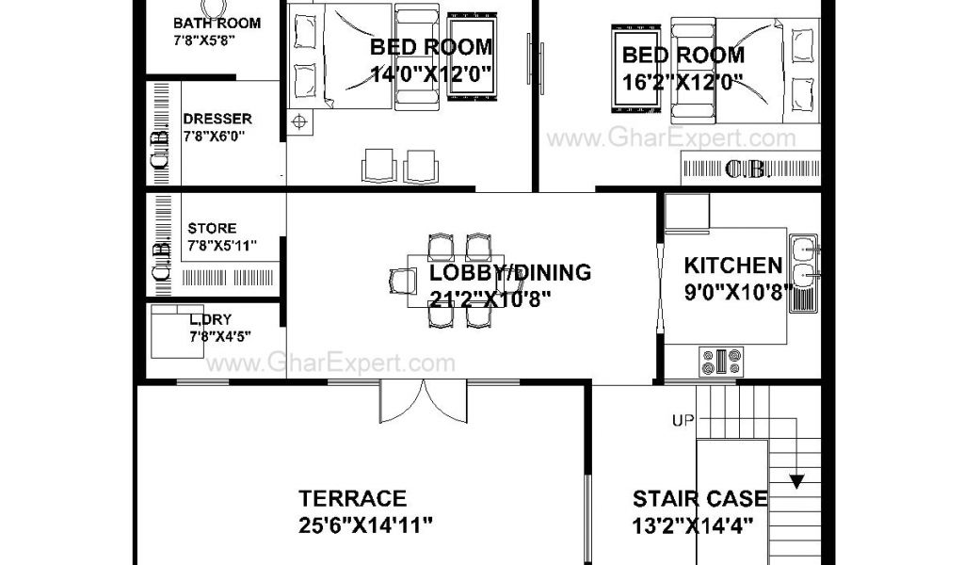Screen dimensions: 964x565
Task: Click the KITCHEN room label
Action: (732, 266)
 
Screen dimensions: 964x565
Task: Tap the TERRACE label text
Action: (352, 498)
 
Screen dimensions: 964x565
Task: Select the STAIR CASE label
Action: (700, 498)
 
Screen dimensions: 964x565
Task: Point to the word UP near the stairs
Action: (683, 421)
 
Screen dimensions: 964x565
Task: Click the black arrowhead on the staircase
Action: (796, 481)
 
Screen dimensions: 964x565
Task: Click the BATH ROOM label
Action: (217, 24)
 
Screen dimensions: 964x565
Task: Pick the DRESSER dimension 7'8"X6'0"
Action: (214, 136)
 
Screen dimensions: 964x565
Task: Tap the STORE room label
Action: (212, 228)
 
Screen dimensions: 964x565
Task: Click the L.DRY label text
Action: (210, 319)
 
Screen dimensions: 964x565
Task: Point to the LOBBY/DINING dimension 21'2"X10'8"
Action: (490, 299)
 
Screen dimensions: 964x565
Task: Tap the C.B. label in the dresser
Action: (160, 148)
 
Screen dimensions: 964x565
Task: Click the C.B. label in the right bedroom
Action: (746, 169)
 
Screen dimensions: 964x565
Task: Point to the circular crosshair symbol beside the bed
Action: (299, 121)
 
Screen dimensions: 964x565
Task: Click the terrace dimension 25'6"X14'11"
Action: (366, 525)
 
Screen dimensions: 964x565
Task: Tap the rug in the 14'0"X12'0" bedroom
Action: (472, 56)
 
